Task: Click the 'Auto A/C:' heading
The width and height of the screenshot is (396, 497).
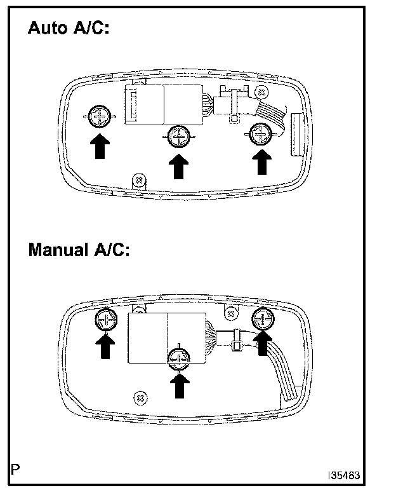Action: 68,29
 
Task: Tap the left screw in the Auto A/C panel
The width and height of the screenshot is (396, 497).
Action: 99,116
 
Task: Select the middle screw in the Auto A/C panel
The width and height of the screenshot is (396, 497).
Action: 179,135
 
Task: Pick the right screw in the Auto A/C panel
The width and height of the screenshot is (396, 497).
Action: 259,134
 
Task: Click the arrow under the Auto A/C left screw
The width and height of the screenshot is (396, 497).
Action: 99,146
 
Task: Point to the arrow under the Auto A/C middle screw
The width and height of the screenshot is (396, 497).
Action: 180,168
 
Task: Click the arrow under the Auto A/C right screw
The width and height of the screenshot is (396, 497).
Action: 260,161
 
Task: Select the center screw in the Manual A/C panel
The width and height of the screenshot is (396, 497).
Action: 180,360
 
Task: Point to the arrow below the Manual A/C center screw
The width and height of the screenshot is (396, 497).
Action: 180,385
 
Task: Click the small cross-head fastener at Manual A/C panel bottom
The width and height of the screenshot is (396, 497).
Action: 140,397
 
